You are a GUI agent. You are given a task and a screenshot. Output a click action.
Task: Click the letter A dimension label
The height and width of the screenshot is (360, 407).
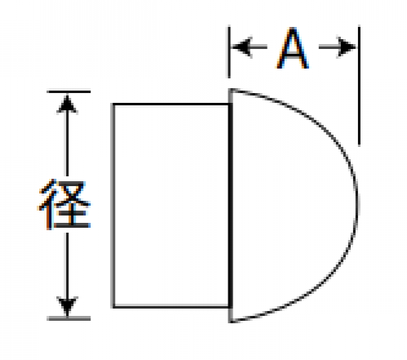tap(293, 48)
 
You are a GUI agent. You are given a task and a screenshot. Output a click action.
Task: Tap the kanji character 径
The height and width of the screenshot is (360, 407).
tap(64, 204)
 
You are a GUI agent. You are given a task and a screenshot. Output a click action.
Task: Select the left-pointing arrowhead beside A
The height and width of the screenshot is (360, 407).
tap(242, 47)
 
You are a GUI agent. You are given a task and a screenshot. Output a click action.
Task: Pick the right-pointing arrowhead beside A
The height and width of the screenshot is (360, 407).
tap(346, 47)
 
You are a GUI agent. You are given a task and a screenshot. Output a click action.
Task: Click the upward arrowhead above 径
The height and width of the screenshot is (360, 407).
tap(67, 104)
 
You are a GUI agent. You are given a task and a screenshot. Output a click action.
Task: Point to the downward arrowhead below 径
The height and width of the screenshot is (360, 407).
tap(67, 306)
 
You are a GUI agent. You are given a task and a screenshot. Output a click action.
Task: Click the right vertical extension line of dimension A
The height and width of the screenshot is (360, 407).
tap(359, 86)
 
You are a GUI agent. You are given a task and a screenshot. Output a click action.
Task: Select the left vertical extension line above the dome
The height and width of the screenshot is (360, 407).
tap(229, 52)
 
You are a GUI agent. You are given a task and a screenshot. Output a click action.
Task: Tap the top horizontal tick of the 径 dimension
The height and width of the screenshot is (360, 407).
tap(69, 91)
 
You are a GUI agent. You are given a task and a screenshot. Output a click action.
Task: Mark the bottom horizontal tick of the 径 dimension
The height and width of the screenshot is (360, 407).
tap(69, 318)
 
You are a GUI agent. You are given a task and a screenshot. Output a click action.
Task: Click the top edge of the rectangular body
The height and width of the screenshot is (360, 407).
tap(171, 104)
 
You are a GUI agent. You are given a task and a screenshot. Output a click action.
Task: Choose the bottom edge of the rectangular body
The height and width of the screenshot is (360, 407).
tap(171, 307)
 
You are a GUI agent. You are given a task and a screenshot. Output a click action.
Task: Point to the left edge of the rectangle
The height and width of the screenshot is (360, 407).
tap(113, 206)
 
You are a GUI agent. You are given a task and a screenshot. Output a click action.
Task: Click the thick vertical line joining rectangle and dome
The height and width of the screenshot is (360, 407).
tap(230, 206)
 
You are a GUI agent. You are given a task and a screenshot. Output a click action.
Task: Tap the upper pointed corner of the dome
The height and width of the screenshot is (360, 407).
tap(231, 89)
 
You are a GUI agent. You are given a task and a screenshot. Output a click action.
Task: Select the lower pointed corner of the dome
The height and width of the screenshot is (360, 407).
tap(231, 322)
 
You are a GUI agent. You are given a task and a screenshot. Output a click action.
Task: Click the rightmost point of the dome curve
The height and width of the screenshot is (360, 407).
tap(357, 206)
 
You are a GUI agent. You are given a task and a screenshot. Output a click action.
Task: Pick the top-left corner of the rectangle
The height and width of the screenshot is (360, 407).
tap(113, 104)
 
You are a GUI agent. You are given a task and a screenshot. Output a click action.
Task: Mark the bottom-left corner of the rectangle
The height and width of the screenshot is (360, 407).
tap(113, 307)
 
